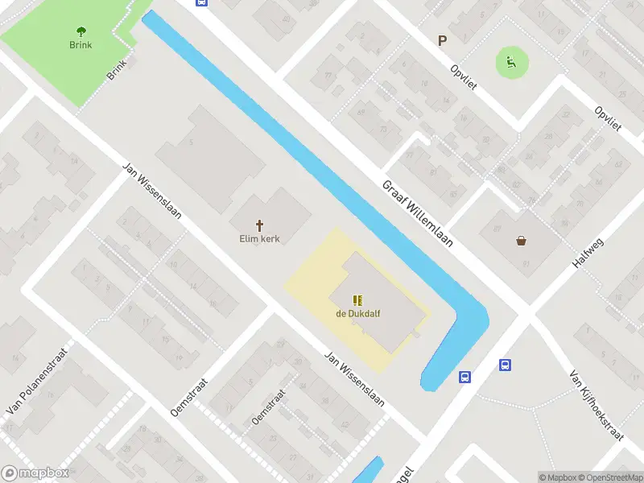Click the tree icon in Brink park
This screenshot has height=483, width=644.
click(80, 31)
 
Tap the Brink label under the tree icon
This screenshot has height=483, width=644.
click(80, 45)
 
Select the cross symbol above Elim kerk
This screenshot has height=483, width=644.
click(260, 225)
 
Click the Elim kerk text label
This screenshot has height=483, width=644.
click(259, 239)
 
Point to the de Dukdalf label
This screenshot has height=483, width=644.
click(358, 314)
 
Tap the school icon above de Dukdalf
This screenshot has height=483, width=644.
click(357, 300)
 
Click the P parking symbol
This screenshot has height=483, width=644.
click(441, 40)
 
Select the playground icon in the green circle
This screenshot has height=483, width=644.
click(510, 60)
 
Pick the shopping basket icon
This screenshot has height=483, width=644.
click(522, 240)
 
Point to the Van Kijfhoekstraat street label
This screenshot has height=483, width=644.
click(597, 406)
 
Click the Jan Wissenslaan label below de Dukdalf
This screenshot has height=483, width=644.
click(354, 379)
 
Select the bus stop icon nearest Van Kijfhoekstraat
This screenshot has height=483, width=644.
click(506, 365)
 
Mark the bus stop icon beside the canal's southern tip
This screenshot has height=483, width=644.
click(465, 377)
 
